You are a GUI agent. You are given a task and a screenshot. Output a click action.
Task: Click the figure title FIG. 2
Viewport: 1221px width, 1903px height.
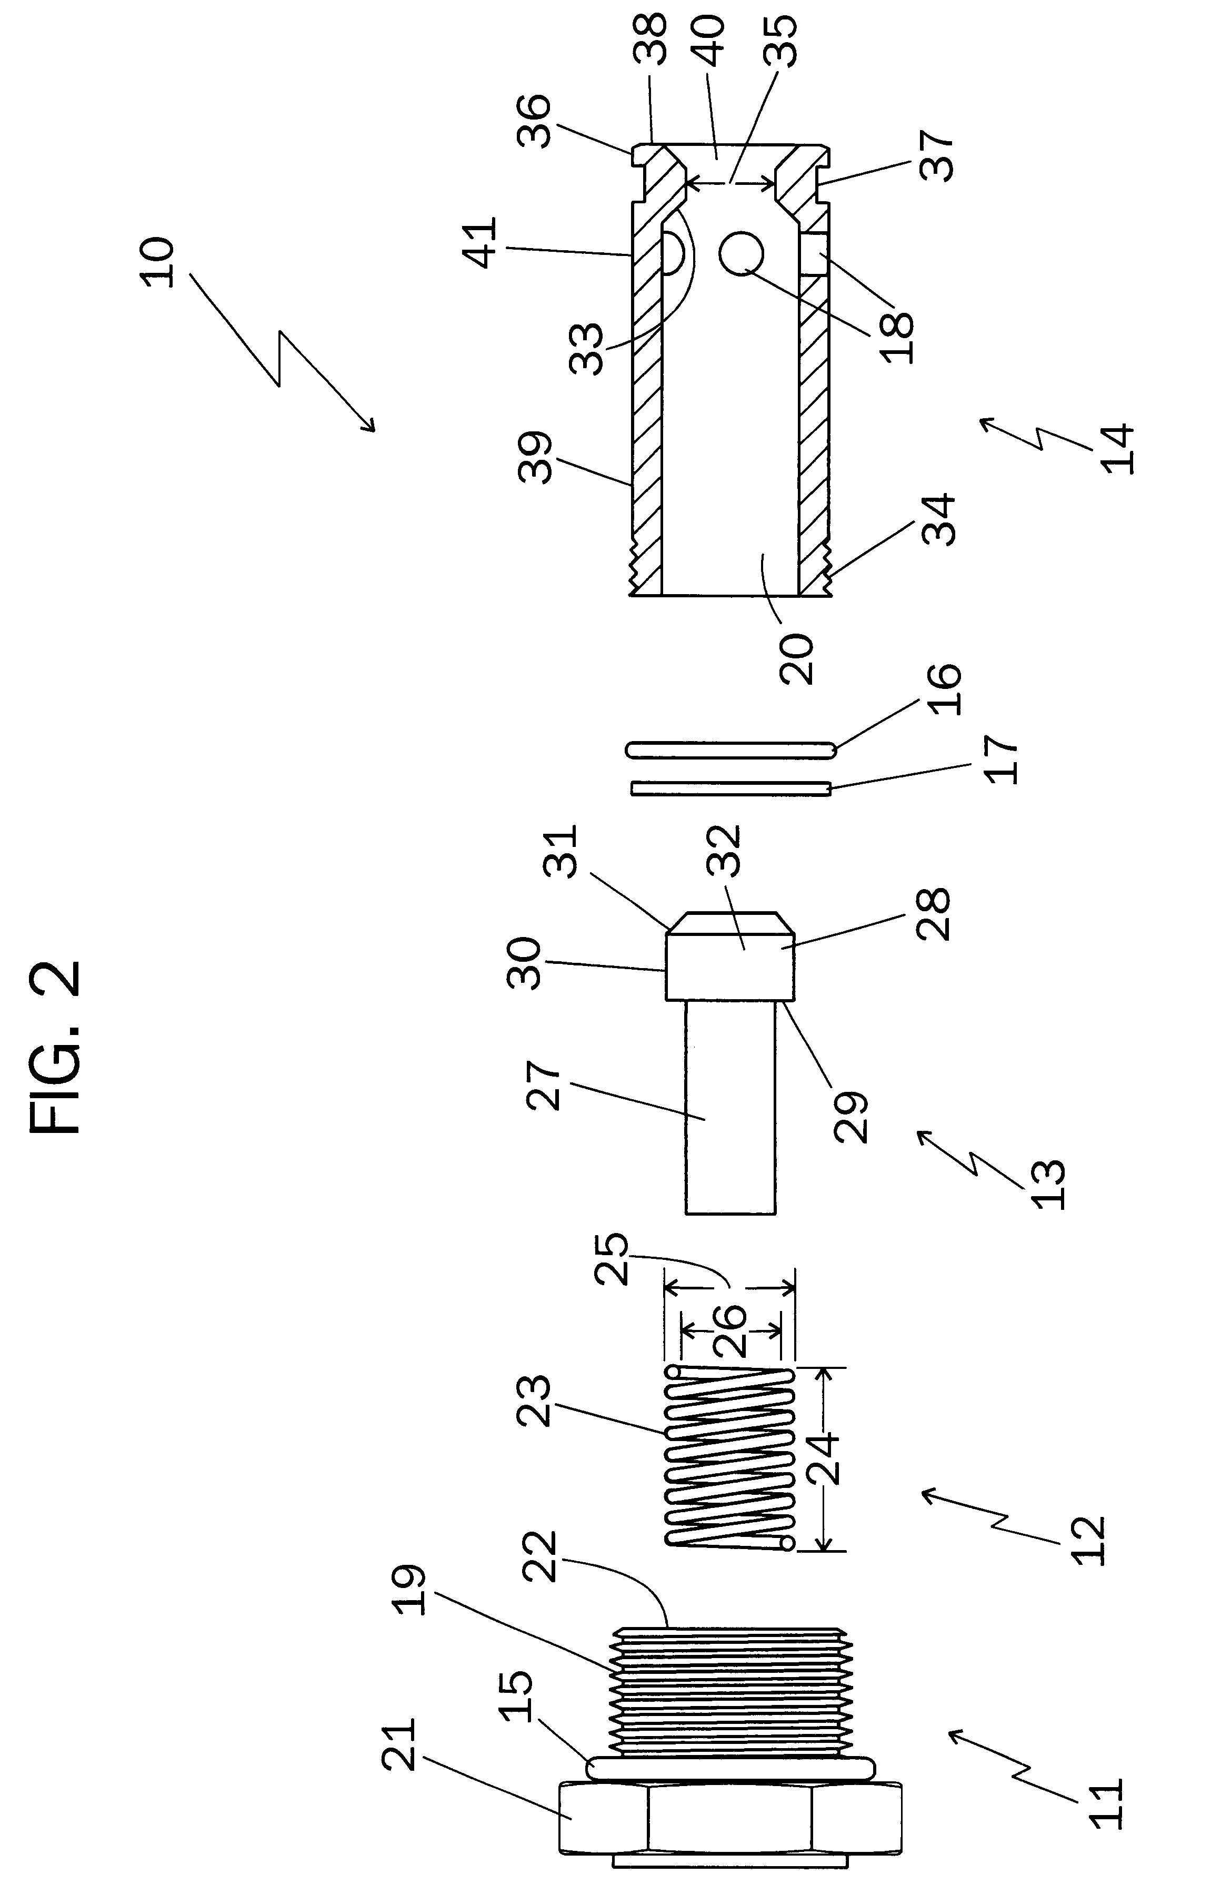(55, 1047)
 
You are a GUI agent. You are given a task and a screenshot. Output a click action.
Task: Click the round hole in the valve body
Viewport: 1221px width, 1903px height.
(742, 254)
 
